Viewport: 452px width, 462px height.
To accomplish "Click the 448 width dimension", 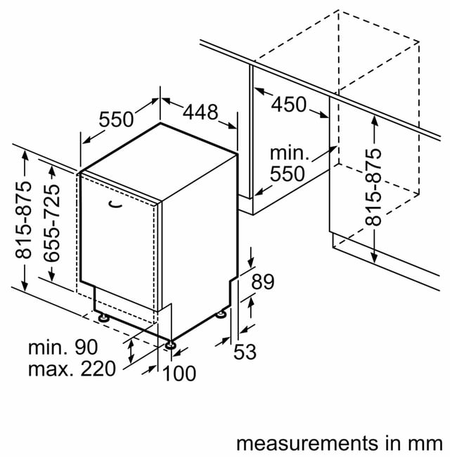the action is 200,112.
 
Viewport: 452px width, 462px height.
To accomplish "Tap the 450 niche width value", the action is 289,105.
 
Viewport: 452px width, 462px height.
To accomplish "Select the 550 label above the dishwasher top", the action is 116,119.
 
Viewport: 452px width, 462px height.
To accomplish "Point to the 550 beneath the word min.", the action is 288,173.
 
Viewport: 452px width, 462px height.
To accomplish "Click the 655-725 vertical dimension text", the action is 52,223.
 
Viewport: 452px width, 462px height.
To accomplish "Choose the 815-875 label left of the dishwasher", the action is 23,220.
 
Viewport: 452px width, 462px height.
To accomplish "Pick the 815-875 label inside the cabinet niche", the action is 373,187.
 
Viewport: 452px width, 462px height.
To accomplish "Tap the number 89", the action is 263,282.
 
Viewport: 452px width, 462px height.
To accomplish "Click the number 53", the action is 245,352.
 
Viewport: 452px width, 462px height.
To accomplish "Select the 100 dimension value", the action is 179,374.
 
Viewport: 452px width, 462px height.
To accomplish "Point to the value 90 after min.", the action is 86,347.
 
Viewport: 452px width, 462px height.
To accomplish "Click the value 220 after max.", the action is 98,369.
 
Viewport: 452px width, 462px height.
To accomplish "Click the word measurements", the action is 307,443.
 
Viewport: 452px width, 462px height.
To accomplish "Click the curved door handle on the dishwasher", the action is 115,204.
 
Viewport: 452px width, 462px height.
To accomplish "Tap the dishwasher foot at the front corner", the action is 170,345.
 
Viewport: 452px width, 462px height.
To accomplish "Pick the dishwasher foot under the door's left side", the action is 103,318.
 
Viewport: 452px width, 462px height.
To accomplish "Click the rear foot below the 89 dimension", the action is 221,314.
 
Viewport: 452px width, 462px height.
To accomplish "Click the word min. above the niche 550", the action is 290,154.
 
